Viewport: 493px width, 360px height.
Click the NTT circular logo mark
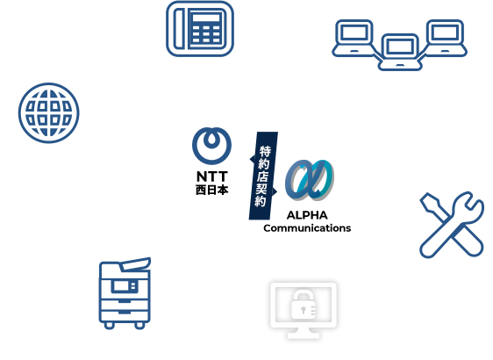point(211,145)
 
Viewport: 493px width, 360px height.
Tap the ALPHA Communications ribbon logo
point(307,184)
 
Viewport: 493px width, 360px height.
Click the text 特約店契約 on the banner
point(265,176)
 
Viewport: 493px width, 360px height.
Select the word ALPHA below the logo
point(307,216)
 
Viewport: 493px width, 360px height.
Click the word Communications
point(307,228)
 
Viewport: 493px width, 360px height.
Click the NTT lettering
point(211,176)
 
